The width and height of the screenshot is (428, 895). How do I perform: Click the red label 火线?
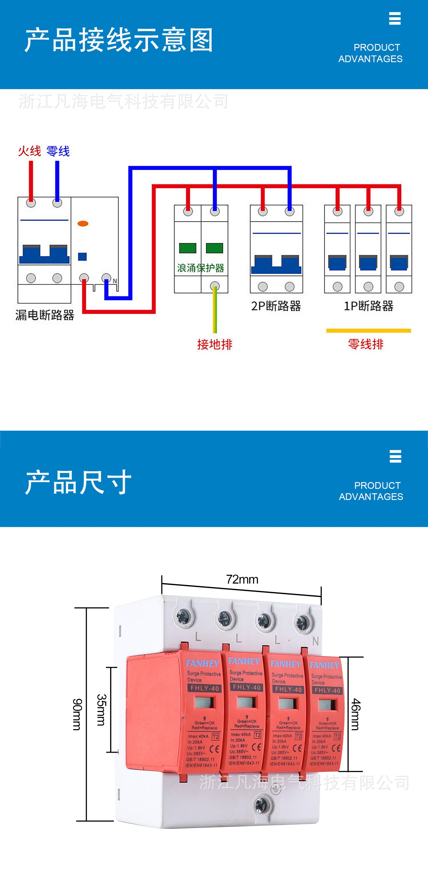pos(30,151)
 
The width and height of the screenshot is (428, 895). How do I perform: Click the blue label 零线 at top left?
pos(58,151)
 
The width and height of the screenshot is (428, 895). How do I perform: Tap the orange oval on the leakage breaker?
pos(83,224)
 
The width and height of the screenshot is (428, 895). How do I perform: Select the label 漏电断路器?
pos(45,315)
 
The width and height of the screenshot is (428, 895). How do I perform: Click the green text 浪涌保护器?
pos(200,268)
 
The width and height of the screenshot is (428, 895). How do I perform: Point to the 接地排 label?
pos(215,344)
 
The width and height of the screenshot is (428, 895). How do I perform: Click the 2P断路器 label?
pos(276,306)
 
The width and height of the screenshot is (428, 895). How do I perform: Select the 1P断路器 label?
pos(368,306)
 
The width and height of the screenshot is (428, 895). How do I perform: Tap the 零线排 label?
pos(366,344)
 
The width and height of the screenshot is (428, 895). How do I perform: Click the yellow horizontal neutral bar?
pos(368,331)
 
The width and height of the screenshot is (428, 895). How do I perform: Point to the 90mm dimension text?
pos(77,714)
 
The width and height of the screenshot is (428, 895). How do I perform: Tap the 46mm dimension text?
pos(355,714)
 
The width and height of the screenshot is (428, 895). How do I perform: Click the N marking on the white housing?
pos(315,641)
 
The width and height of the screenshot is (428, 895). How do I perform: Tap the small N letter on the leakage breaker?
pos(115,281)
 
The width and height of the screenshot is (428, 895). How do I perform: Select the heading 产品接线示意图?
pos(119,40)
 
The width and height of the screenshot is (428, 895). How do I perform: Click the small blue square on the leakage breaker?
pos(82,256)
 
